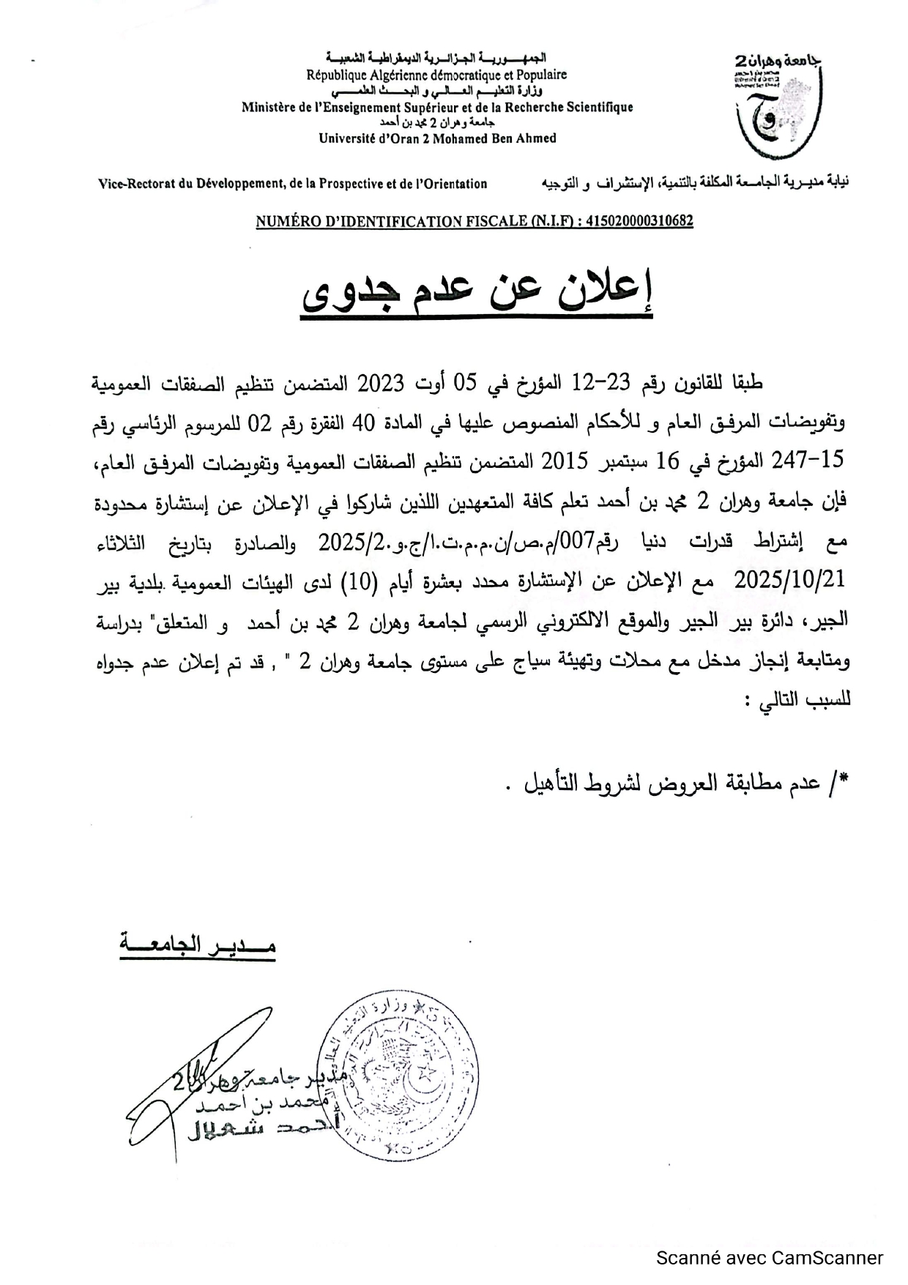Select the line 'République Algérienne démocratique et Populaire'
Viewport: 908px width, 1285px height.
[436, 75]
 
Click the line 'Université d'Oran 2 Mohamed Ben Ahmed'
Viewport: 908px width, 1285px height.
[437, 138]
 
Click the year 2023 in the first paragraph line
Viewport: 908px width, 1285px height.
[380, 382]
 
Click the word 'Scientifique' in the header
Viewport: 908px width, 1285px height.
[597, 107]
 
